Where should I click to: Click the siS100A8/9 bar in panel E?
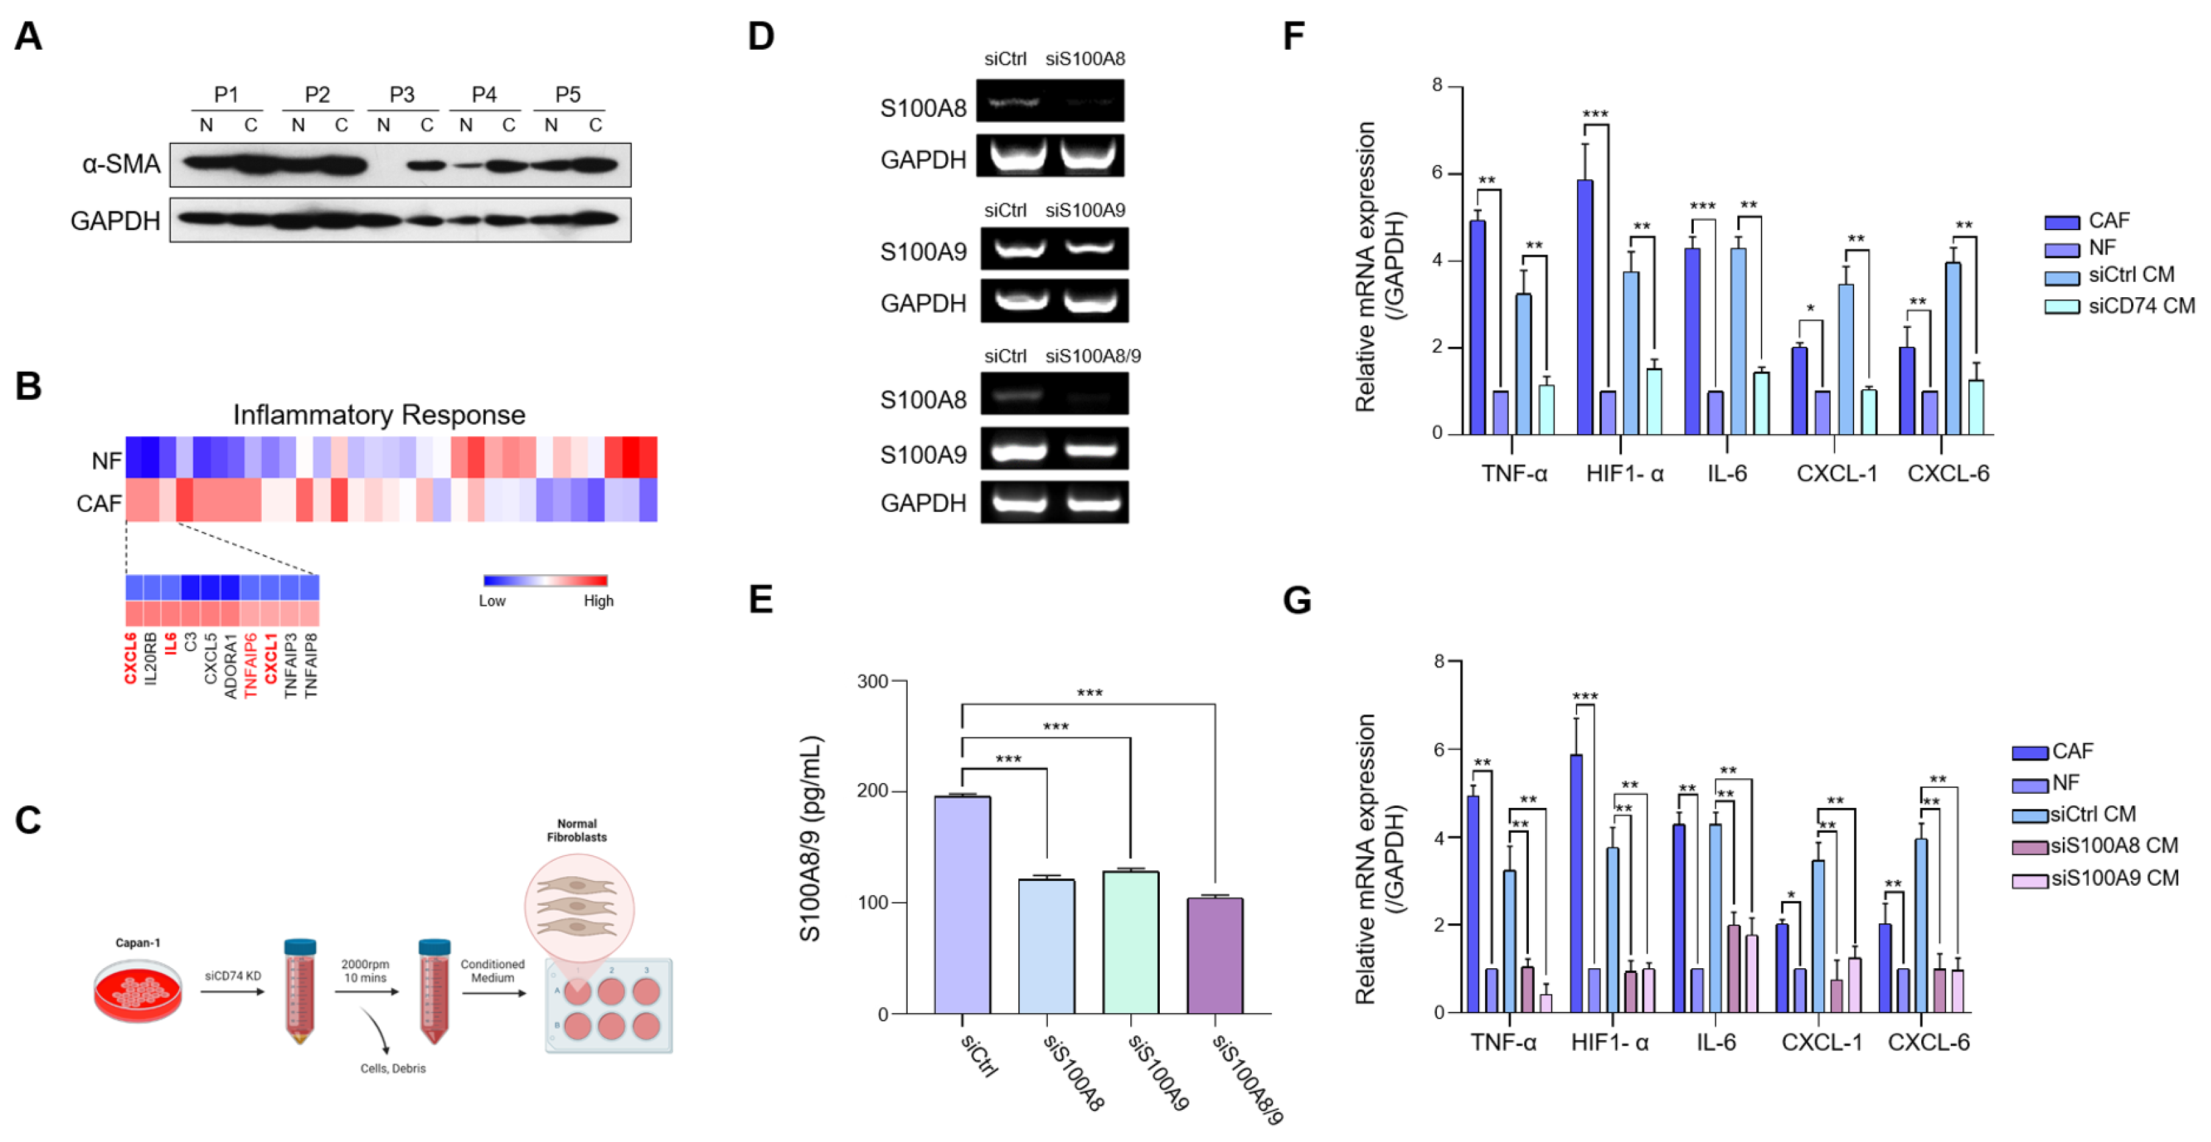click(1214, 955)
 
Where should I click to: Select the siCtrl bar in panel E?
click(962, 905)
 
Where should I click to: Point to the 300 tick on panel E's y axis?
click(873, 682)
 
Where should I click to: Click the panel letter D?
click(761, 37)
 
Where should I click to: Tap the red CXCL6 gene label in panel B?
click(130, 659)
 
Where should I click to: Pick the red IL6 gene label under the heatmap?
click(170, 644)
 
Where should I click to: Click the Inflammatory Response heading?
click(378, 415)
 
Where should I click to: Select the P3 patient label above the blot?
click(402, 95)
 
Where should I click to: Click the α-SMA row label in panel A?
click(121, 164)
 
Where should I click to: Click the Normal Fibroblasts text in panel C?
click(577, 830)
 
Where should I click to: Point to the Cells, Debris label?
click(393, 1068)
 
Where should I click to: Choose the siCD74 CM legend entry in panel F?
click(2120, 306)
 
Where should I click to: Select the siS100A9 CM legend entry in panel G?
click(2096, 878)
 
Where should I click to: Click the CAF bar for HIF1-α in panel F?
click(1585, 307)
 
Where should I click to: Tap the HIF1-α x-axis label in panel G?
click(1609, 1043)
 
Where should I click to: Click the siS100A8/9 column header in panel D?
click(1093, 356)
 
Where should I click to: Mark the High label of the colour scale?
click(598, 601)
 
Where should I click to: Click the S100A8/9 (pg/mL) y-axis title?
click(811, 838)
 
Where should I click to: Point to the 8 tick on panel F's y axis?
click(1437, 85)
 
